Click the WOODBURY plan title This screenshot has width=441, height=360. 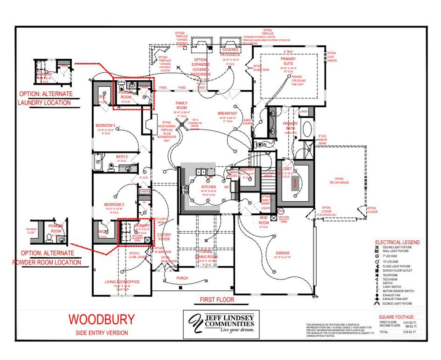[101, 319]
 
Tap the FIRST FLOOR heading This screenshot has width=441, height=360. [217, 300]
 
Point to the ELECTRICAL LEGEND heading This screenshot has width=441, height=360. [397, 242]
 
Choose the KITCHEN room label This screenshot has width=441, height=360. [208, 187]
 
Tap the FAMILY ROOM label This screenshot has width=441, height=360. [182, 105]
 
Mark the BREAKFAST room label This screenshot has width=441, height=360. [227, 113]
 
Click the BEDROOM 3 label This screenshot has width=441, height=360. [105, 126]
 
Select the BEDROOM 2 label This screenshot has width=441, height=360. [114, 204]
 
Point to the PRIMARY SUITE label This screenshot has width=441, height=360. [288, 61]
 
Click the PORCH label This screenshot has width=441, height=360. [182, 278]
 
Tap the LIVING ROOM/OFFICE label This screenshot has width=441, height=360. [122, 282]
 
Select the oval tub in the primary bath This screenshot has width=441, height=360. [307, 129]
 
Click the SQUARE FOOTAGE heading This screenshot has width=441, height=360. [397, 317]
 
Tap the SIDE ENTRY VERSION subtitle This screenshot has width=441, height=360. [102, 333]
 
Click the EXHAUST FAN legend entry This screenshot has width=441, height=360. [391, 295]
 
